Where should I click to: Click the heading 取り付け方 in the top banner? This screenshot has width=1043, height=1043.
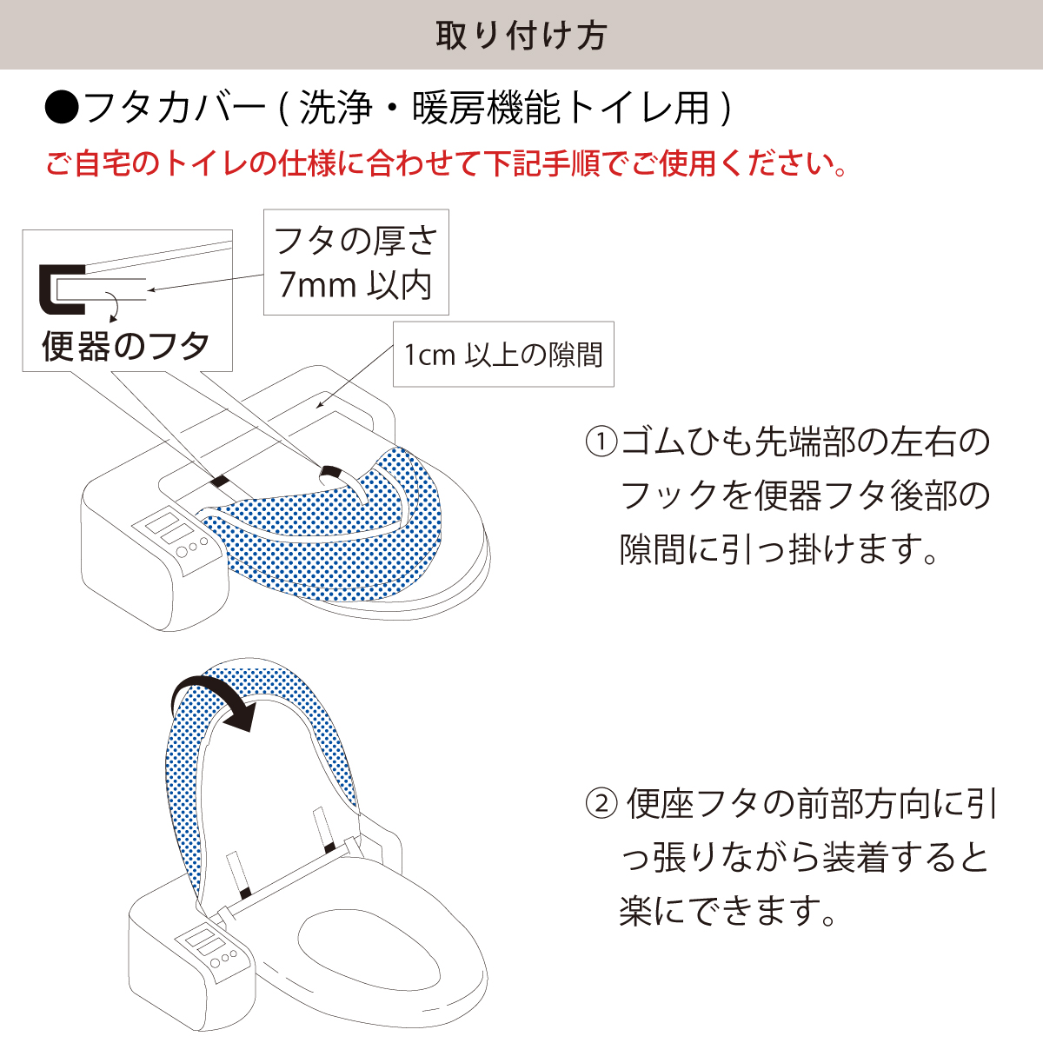pyautogui.click(x=521, y=37)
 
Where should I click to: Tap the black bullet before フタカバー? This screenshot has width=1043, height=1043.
pyautogui.click(x=63, y=108)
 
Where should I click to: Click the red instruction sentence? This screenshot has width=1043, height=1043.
pyautogui.click(x=446, y=163)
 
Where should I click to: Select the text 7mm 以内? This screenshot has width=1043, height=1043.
pyautogui.click(x=355, y=285)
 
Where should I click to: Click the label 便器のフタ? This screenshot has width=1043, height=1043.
pyautogui.click(x=125, y=346)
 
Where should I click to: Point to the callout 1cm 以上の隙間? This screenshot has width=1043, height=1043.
pyautogui.click(x=503, y=355)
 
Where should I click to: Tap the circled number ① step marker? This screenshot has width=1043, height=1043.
pyautogui.click(x=601, y=442)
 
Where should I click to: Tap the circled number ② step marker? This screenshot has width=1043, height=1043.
pyautogui.click(x=601, y=804)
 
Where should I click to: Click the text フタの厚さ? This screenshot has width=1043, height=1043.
pyautogui.click(x=355, y=241)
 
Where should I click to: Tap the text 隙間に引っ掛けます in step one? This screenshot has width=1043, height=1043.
pyautogui.click(x=778, y=548)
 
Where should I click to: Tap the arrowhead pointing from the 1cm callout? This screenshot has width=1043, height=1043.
pyautogui.click(x=320, y=404)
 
